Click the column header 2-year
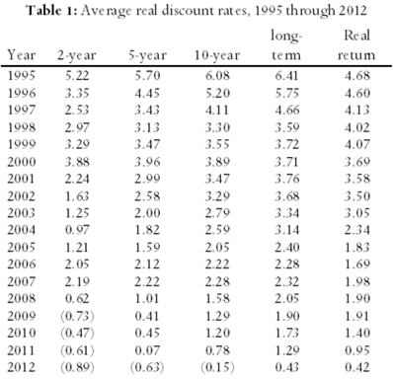tap(77, 55)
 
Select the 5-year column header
tap(147, 55)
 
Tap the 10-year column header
tap(217, 55)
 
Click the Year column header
tap(22, 54)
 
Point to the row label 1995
tap(22, 76)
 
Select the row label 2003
tap(22, 213)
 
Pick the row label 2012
tap(22, 367)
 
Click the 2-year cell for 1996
tap(77, 93)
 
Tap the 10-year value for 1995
tap(217, 76)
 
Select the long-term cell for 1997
tap(287, 110)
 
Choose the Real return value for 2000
tap(357, 162)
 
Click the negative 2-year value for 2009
tap(77, 316)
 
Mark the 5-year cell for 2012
tap(147, 367)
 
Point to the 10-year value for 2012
tap(217, 367)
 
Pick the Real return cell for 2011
tap(357, 350)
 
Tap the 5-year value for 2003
tap(147, 213)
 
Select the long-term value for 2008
tap(287, 298)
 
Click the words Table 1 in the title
tap(51, 11)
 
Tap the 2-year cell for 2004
tap(77, 230)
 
